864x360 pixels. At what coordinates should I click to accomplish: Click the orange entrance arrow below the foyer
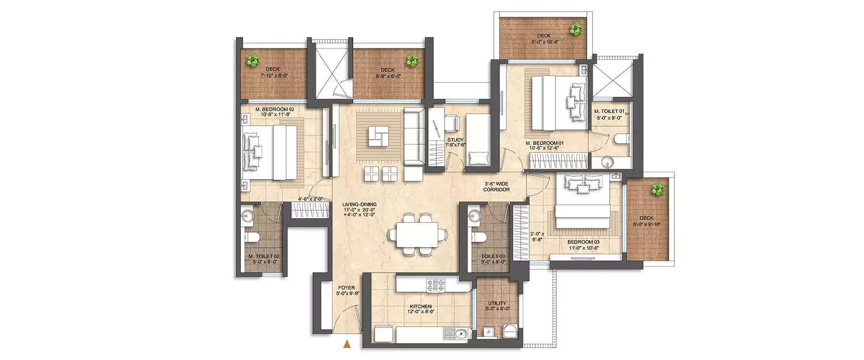click(347, 345)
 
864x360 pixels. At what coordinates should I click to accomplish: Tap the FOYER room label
click(347, 287)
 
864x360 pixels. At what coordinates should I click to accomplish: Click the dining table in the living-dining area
click(416, 234)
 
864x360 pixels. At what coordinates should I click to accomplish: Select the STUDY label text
click(455, 139)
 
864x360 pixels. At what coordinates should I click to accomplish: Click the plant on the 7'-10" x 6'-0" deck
click(252, 59)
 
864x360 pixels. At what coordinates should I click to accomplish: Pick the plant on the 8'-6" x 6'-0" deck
click(412, 59)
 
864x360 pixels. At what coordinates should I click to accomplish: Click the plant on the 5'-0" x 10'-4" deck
click(574, 28)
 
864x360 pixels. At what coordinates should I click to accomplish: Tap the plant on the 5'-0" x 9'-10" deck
click(655, 189)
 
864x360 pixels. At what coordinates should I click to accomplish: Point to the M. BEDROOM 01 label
click(544, 142)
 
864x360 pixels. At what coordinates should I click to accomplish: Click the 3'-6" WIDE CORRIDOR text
click(497, 186)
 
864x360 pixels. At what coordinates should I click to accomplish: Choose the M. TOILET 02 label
click(264, 256)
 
